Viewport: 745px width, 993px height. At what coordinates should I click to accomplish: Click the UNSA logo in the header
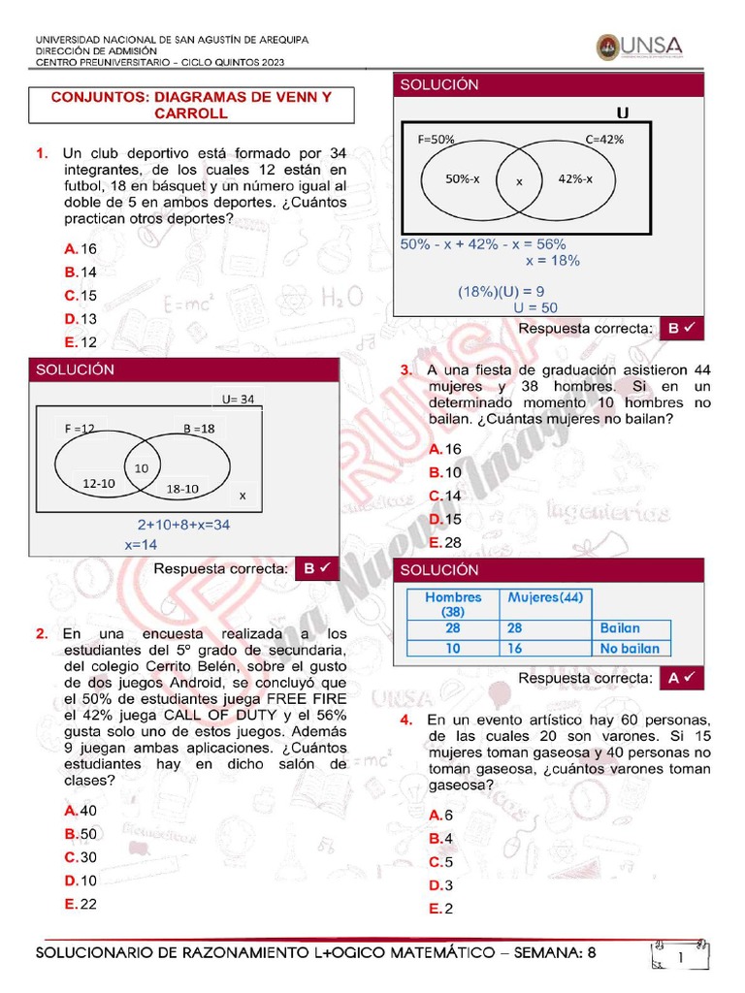pos(639,47)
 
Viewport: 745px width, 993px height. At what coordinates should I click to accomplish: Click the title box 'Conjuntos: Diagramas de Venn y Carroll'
pos(191,105)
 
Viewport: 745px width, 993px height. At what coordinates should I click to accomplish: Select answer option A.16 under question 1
pos(81,249)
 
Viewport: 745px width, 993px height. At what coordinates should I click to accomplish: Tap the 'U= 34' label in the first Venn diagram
pos(238,399)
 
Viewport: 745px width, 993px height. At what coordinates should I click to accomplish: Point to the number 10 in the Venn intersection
pos(142,467)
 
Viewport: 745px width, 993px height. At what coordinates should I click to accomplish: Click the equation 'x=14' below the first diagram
pos(141,545)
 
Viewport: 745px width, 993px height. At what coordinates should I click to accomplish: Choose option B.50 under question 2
pos(81,834)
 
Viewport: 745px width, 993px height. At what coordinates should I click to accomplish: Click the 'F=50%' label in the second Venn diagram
pos(437,139)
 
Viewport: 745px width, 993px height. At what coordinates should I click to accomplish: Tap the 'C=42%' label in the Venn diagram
pos(604,139)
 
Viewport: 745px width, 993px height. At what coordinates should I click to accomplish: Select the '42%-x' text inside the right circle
pos(576,178)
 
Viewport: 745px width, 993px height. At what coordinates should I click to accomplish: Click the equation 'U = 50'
pos(535,307)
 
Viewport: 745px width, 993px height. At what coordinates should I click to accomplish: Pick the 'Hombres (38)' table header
pos(453,605)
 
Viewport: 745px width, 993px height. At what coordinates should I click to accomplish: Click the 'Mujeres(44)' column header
pos(545,597)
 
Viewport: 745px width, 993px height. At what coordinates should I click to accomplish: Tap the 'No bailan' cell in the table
pos(630,649)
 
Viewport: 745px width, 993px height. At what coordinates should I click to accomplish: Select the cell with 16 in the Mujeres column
pos(514,649)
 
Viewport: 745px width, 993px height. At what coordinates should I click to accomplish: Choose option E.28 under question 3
pos(445,542)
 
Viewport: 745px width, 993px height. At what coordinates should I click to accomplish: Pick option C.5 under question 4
pos(441,862)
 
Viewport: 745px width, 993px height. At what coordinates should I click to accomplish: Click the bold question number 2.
pos(42,634)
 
